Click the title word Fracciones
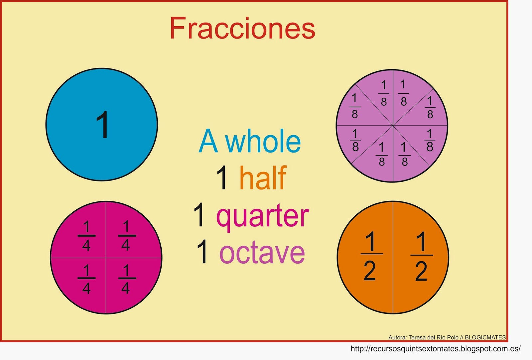[242, 29]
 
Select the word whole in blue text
[263, 142]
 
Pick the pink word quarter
[263, 216]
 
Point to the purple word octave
[262, 253]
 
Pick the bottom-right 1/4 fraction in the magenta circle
[126, 279]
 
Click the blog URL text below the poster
[436, 349]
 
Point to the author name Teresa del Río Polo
[434, 337]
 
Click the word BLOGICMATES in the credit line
[485, 337]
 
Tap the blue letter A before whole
[208, 142]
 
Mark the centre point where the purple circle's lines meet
[393, 126]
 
